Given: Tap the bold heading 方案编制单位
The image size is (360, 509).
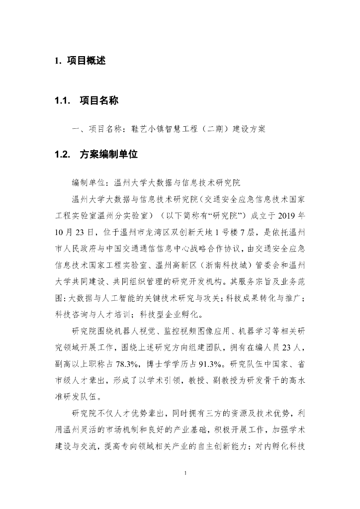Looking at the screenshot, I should tap(108, 155).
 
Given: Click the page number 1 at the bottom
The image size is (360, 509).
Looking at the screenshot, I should tap(184, 473).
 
